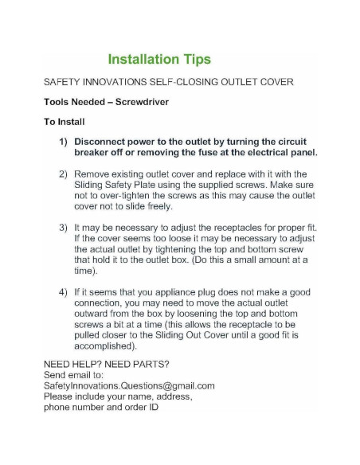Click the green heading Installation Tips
coord(158,60)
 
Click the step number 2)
coord(64,174)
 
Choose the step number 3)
coord(64,227)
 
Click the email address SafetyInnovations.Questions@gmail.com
coord(129,385)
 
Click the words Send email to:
coord(75,374)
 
